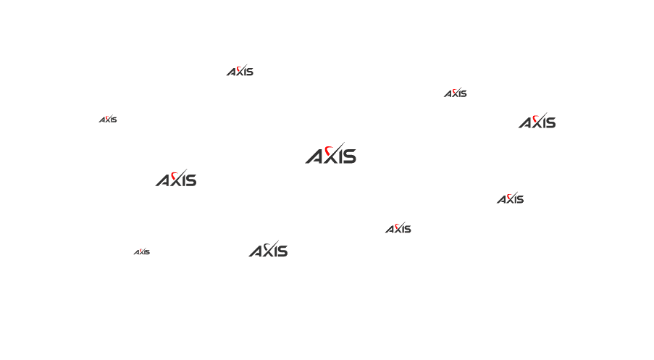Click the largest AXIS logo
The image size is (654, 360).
coord(331,153)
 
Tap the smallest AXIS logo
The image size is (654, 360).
coord(142,251)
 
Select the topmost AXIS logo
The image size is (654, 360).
coord(240,70)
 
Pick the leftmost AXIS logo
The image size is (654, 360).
coord(108,120)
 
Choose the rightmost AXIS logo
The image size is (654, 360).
coord(537,120)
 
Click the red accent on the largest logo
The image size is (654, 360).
coord(329,150)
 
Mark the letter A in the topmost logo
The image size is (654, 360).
coord(231,72)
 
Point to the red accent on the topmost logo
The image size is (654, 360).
coord(238,69)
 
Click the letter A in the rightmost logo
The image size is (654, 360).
coord(524,123)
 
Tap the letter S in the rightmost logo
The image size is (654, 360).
coord(552,123)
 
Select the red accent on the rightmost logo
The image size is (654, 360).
coord(535,118)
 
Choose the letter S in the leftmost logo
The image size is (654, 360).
coord(114,120)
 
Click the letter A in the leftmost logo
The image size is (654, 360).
coord(102,120)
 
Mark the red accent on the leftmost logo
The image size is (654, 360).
coord(107,118)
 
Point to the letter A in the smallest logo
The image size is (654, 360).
coord(136,253)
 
